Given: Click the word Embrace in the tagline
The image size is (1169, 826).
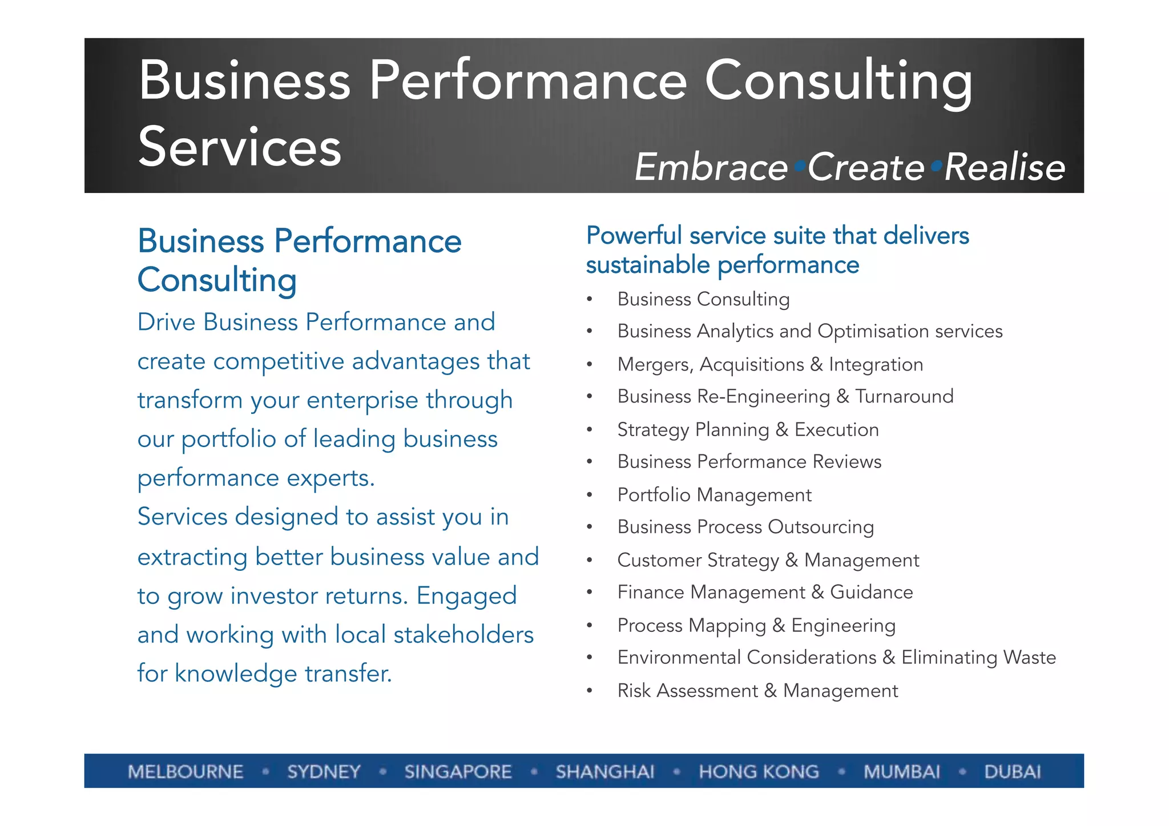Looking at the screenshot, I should (711, 167).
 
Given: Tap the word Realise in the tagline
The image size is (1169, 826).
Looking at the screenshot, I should (1005, 167).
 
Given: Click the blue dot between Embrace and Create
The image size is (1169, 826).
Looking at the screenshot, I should (799, 166).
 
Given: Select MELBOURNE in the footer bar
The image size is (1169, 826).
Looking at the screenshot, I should (186, 772).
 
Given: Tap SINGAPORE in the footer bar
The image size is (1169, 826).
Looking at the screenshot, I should (458, 772).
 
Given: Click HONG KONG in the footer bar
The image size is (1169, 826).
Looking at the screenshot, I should (759, 772).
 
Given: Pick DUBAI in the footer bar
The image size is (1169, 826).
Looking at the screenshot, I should (1013, 772).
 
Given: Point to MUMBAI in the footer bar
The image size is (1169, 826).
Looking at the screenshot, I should (901, 772).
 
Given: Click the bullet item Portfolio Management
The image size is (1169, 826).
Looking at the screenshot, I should (714, 495).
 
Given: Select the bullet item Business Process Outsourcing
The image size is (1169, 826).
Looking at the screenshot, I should (745, 527).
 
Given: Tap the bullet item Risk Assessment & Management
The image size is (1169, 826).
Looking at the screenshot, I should (757, 691).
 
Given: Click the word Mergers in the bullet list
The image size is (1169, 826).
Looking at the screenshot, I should (655, 365).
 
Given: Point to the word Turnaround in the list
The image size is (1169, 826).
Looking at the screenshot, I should (904, 396).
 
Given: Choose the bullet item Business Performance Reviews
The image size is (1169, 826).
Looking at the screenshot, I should (749, 462).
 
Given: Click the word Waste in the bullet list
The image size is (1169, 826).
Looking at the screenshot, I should (1030, 658).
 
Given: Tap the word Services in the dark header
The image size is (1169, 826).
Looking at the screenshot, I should (240, 147).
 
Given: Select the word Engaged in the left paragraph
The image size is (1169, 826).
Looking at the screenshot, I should (466, 596).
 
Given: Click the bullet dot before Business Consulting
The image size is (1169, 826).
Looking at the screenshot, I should (590, 300).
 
